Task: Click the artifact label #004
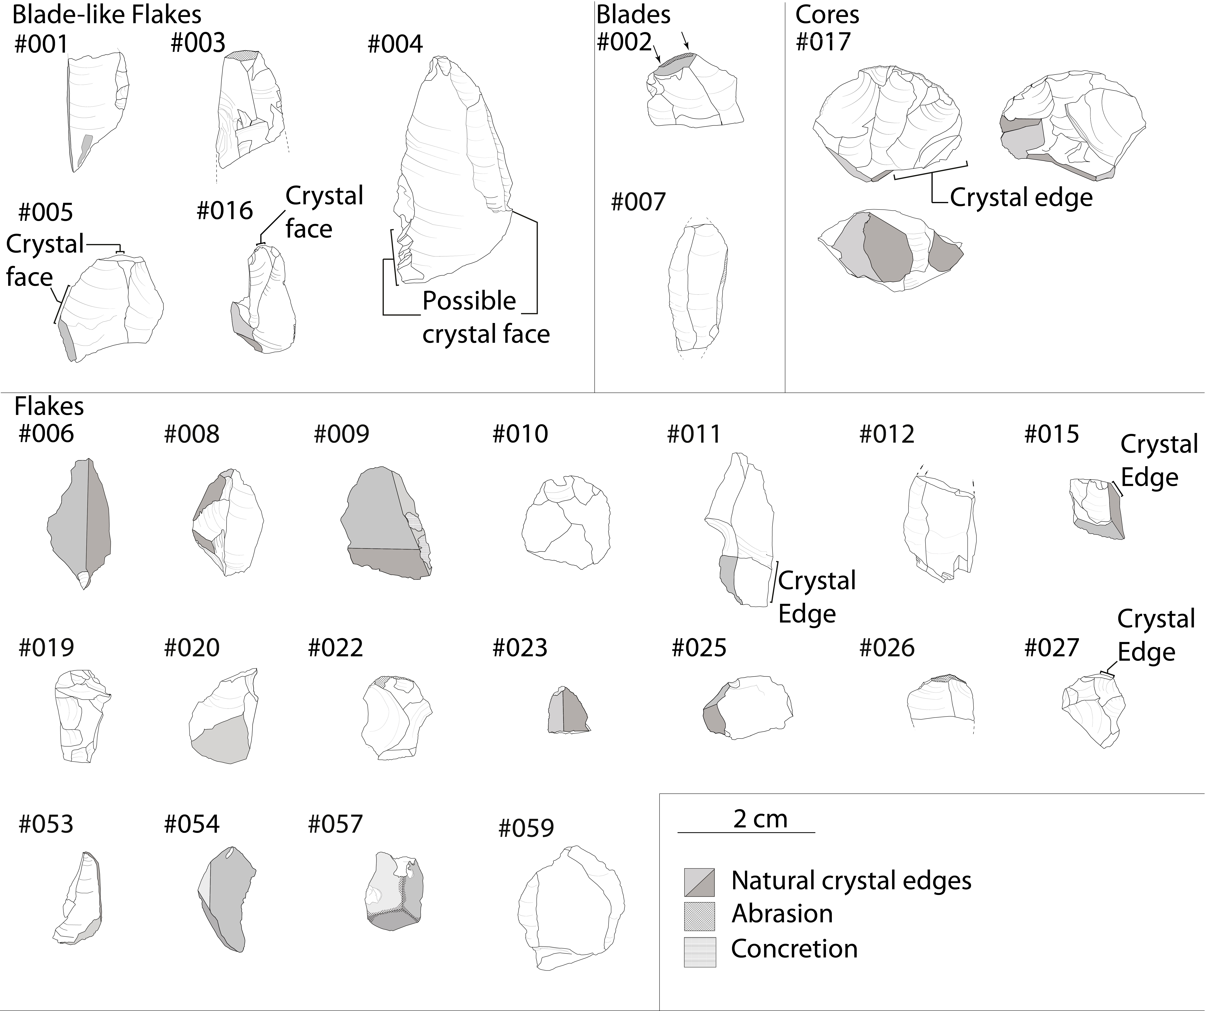[395, 44]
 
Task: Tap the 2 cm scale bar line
[746, 832]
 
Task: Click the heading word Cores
[827, 15]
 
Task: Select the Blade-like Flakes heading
[107, 15]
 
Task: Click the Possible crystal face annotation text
[486, 317]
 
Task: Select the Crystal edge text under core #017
[1021, 198]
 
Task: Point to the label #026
[887, 648]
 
